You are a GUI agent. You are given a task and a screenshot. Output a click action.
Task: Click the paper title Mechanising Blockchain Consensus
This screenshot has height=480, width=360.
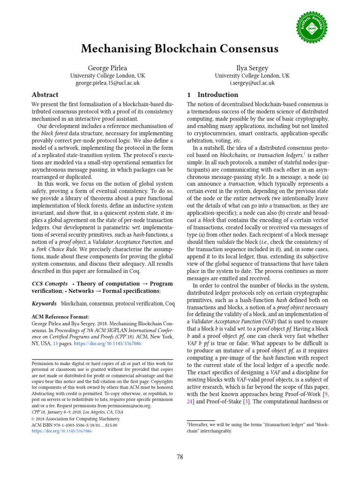(x=180, y=49)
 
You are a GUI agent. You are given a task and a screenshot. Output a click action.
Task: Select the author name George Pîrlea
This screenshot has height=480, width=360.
(x=107, y=67)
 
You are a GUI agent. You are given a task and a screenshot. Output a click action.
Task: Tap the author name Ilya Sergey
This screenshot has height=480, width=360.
(x=252, y=67)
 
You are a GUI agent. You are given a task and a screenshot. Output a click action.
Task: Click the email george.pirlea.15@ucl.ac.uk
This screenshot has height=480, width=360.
(x=107, y=83)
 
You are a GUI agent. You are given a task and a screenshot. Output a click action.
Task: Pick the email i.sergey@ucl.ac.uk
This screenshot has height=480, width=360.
(x=252, y=83)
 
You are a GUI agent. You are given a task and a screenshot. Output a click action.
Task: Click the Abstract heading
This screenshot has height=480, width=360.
(x=45, y=95)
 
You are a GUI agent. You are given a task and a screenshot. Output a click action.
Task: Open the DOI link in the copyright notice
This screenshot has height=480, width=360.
(x=61, y=431)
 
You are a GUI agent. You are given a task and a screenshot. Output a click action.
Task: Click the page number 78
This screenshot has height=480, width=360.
(x=180, y=457)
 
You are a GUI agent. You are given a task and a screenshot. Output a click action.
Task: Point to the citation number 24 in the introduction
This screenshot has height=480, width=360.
(x=190, y=402)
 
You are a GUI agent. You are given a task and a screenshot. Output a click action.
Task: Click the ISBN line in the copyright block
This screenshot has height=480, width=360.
(x=74, y=425)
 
